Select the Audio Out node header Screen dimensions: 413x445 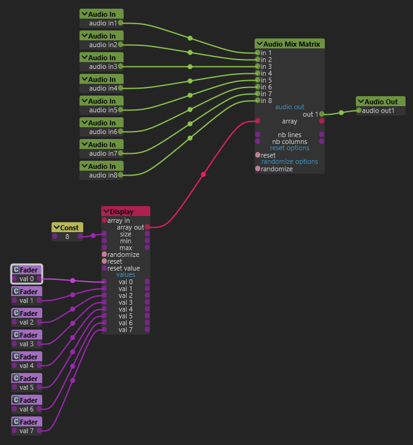[x=381, y=102]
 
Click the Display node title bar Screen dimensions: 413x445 [x=125, y=212]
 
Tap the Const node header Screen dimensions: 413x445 [x=67, y=228]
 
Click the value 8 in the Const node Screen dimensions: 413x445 [x=67, y=236]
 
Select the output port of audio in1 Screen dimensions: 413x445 [x=120, y=23]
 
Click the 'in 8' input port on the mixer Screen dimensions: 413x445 [x=258, y=101]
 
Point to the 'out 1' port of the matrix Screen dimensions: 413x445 [x=322, y=114]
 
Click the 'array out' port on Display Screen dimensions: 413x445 [x=147, y=227]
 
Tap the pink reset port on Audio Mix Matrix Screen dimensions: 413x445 [x=258, y=155]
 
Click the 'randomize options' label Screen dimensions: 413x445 [x=289, y=161]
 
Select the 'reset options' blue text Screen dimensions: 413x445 [x=289, y=148]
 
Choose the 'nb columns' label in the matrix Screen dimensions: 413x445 [x=289, y=142]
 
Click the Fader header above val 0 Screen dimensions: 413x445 [x=27, y=269]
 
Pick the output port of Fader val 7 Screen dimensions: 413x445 [x=39, y=431]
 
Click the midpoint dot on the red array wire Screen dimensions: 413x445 [x=203, y=174]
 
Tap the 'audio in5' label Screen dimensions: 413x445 [x=103, y=110]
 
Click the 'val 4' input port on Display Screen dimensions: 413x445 [x=104, y=309]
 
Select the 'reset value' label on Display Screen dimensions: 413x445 [x=124, y=268]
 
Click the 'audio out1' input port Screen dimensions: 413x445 [x=359, y=110]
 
